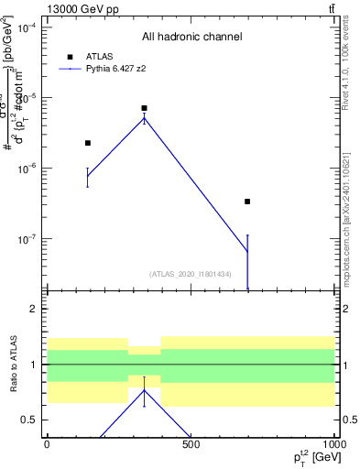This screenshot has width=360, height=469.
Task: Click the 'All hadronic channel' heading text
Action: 191,38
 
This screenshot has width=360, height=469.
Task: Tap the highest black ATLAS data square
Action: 144,108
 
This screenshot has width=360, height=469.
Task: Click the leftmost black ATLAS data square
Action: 88,143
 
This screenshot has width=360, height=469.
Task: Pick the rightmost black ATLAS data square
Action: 247,202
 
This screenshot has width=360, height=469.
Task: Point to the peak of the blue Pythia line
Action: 144,118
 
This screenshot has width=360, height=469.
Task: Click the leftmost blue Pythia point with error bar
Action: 88,176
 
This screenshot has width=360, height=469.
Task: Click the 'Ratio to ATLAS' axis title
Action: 13,364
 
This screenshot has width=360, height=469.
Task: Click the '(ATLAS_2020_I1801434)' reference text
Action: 190,274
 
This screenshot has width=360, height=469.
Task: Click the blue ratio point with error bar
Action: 144,390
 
